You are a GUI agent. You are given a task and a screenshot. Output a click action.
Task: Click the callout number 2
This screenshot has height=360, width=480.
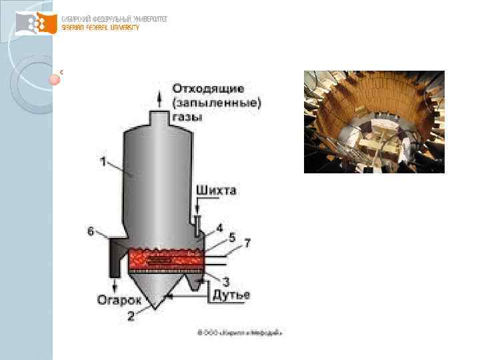pos(131,317)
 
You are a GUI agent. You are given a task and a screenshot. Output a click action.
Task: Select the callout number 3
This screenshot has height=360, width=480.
pos(226,281)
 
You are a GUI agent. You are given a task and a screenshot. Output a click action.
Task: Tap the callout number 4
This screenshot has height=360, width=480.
pos(220,228)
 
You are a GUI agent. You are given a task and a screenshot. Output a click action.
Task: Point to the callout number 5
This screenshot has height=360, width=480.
pos(231,236)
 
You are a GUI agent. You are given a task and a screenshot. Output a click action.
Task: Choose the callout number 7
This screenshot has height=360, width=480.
pos(247,244)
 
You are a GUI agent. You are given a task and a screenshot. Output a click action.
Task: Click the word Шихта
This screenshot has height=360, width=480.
pos(216,191)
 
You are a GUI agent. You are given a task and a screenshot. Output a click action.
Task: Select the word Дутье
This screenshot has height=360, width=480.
pos(231,295)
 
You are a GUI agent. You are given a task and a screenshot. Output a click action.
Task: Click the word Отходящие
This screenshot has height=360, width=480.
pos(208,88)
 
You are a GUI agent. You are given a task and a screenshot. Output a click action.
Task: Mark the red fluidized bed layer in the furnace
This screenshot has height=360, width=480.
pos(165,259)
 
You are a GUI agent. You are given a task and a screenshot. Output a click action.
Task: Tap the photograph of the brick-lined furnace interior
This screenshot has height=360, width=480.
pos(374,122)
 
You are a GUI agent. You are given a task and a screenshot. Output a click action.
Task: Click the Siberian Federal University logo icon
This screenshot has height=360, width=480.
pos(37,25)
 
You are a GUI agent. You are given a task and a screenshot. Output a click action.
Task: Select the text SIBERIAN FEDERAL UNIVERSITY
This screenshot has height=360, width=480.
pos(100,27)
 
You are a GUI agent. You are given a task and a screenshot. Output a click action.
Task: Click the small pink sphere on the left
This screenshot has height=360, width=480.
pos(55,79)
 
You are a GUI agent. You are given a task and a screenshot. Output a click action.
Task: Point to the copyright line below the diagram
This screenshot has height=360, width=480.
pos(240,331)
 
